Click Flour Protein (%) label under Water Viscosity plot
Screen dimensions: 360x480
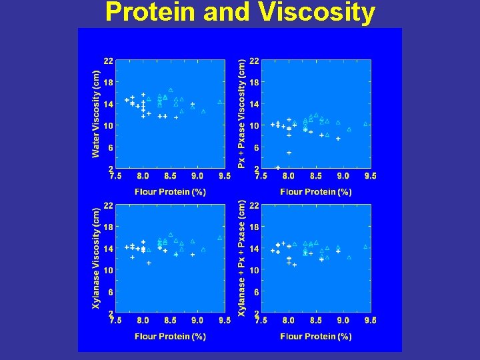click(170, 192)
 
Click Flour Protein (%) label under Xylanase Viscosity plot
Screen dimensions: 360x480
click(170, 337)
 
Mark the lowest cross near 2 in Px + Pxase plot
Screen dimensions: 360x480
click(278, 168)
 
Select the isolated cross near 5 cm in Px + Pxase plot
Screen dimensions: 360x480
click(289, 153)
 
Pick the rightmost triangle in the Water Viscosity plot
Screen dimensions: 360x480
click(220, 102)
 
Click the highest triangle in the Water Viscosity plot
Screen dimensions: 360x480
click(171, 90)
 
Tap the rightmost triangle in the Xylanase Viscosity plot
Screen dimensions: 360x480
click(220, 238)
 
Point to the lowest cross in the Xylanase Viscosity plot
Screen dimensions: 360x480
click(149, 263)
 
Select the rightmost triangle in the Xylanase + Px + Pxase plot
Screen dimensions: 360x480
click(365, 247)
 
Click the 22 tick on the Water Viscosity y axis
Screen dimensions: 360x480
click(108, 61)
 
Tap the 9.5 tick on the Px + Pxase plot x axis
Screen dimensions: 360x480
click(370, 176)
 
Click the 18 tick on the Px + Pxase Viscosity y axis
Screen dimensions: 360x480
click(253, 83)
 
